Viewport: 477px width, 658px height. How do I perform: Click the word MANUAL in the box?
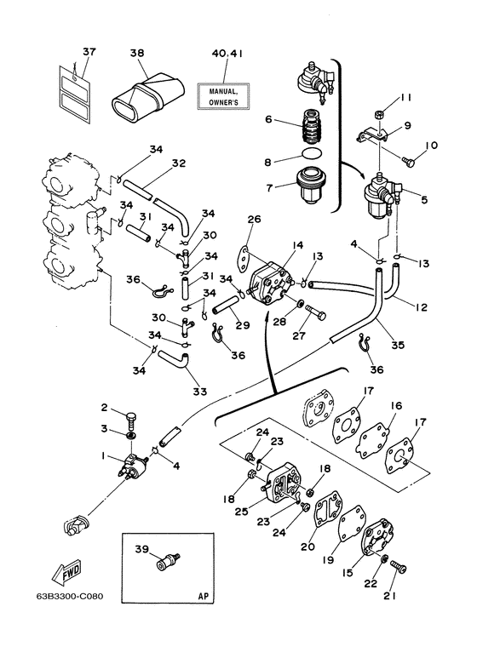[223, 90]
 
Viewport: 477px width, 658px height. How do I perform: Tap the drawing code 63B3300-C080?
[70, 597]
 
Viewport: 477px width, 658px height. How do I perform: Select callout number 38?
[137, 53]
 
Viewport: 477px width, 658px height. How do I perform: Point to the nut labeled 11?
[378, 114]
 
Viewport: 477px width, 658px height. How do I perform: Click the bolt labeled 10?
[411, 161]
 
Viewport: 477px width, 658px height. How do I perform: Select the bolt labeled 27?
[316, 312]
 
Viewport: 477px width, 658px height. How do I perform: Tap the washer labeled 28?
[300, 303]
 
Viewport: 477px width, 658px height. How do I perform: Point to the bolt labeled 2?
[130, 419]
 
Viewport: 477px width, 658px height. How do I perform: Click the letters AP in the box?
[204, 597]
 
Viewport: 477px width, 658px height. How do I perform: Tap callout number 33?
[200, 392]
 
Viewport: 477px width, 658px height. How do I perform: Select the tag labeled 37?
[74, 94]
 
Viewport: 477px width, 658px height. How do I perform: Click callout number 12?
[421, 307]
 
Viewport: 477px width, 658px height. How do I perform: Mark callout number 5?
[424, 199]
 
